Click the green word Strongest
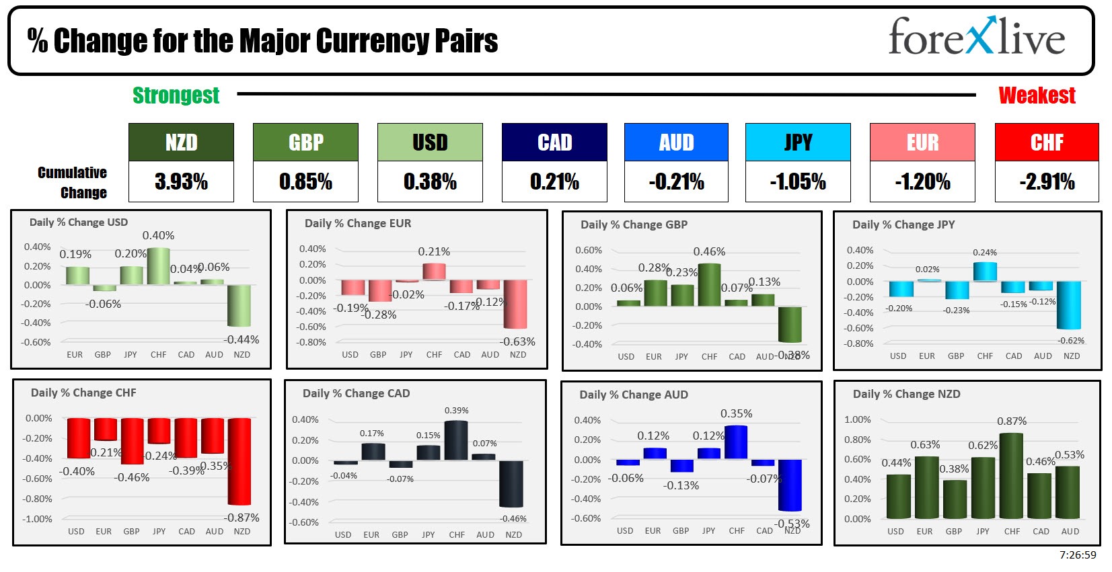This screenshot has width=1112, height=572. pyautogui.click(x=176, y=95)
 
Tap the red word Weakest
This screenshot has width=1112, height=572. pyautogui.click(x=1037, y=95)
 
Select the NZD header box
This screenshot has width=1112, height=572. pyautogui.click(x=181, y=142)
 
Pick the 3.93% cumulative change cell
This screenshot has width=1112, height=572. pyautogui.click(x=181, y=181)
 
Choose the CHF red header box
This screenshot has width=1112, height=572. pyautogui.click(x=1047, y=142)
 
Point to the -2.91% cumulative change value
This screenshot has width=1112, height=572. pyautogui.click(x=1047, y=181)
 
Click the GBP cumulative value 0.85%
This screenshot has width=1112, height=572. pyautogui.click(x=305, y=181)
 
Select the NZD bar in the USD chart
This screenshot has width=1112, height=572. pyautogui.click(x=239, y=306)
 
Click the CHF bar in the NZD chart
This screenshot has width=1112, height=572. pyautogui.click(x=1012, y=476)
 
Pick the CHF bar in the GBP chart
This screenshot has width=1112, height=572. pyautogui.click(x=709, y=285)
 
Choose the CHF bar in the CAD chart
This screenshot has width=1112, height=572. pyautogui.click(x=456, y=440)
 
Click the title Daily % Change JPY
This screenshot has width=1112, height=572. pyautogui.click(x=903, y=224)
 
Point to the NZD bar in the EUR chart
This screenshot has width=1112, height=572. pyautogui.click(x=515, y=304)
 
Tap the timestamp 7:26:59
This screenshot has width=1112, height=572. pyautogui.click(x=1077, y=555)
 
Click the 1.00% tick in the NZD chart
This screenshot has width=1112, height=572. pyautogui.click(x=857, y=419)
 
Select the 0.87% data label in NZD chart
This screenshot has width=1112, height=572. pyautogui.click(x=1011, y=421)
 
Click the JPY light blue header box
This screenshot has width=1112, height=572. pyautogui.click(x=798, y=142)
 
